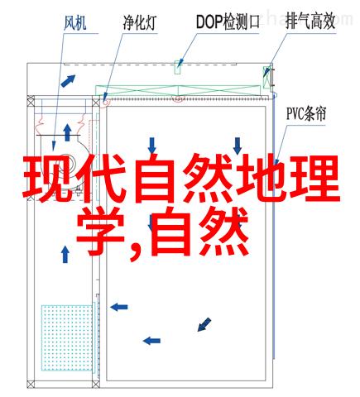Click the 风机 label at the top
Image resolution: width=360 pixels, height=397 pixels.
coord(75,23)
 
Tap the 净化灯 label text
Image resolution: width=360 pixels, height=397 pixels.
coord(140,23)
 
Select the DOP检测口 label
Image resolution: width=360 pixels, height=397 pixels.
coord(228,22)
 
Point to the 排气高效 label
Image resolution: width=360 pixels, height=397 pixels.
coord(310,22)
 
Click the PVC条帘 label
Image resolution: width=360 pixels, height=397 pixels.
coord(306,114)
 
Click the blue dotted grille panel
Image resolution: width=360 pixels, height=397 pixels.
coord(67,337)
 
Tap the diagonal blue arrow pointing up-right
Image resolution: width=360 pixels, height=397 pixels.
coord(68,81)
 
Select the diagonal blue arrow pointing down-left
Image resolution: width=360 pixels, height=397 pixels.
coord(204,324)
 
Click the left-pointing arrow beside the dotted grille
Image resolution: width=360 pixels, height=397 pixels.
coord(119,307)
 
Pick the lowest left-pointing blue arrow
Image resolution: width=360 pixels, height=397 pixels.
coord(151,341)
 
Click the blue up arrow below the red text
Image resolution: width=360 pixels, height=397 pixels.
coord(65,255)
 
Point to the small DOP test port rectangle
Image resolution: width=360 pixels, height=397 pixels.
coord(178,67)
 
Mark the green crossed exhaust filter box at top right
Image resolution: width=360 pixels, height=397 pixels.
coord(266,78)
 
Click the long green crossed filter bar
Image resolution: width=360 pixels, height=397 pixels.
coord(178,91)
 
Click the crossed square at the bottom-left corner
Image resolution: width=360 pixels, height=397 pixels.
coord(31,384)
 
